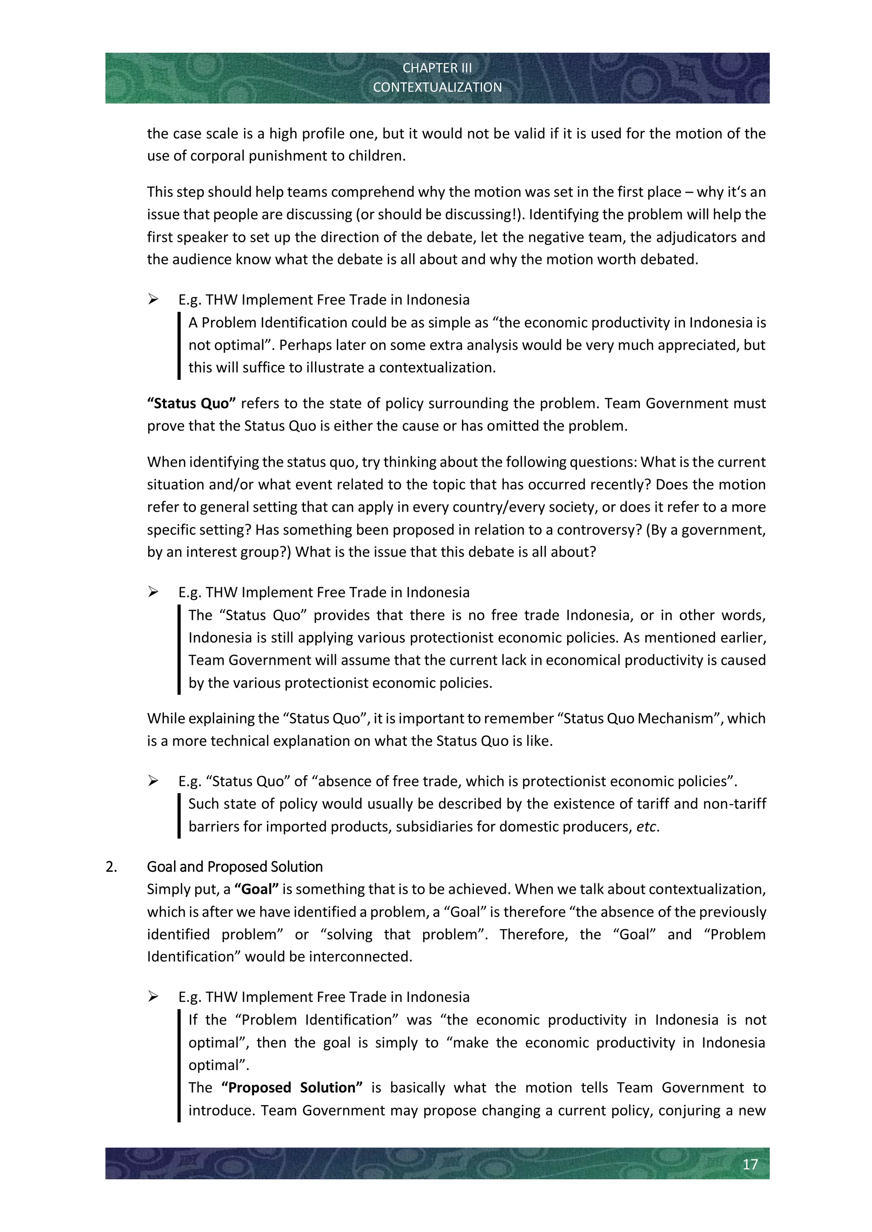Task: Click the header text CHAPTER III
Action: tap(437, 68)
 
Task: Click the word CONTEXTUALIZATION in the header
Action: tap(437, 88)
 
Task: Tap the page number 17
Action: tap(750, 1164)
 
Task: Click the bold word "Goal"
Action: tap(257, 889)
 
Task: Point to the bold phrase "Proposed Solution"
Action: tap(292, 1088)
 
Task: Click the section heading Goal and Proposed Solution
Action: tap(235, 867)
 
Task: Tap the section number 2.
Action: tap(111, 867)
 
